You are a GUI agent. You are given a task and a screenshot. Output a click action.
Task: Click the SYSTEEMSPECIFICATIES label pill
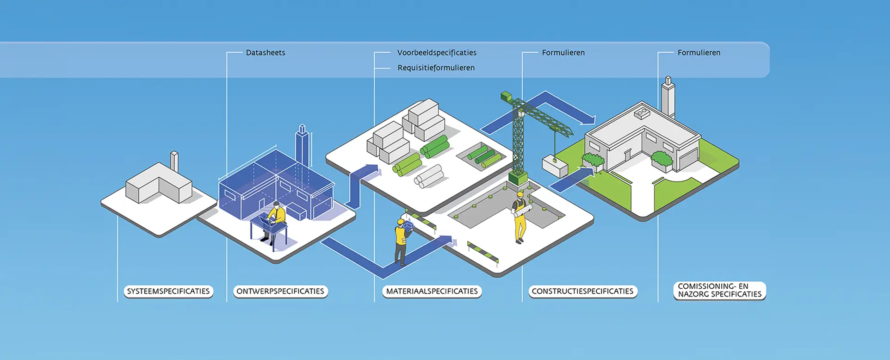coord(168,292)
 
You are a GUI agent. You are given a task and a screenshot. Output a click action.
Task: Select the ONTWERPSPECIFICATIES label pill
coord(280,292)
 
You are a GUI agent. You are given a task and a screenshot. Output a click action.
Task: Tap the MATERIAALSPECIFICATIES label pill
coord(432,292)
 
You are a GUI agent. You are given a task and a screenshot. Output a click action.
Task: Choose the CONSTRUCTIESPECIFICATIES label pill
coord(582,292)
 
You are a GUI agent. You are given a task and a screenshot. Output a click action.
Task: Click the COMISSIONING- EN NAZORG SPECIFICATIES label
coord(719,291)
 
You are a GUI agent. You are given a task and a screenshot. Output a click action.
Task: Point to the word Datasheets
coord(266,53)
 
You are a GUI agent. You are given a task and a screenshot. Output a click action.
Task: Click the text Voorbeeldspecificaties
coord(437,53)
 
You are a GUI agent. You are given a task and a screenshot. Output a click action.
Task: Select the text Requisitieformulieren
coord(436,68)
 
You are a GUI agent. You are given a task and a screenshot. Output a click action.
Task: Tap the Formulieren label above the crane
coord(563,53)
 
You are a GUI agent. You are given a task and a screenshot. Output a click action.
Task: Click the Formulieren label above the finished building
coord(698,53)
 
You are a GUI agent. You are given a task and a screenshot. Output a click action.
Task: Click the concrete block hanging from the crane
coord(555,166)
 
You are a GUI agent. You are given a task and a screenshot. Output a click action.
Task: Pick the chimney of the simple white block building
coord(174,161)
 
